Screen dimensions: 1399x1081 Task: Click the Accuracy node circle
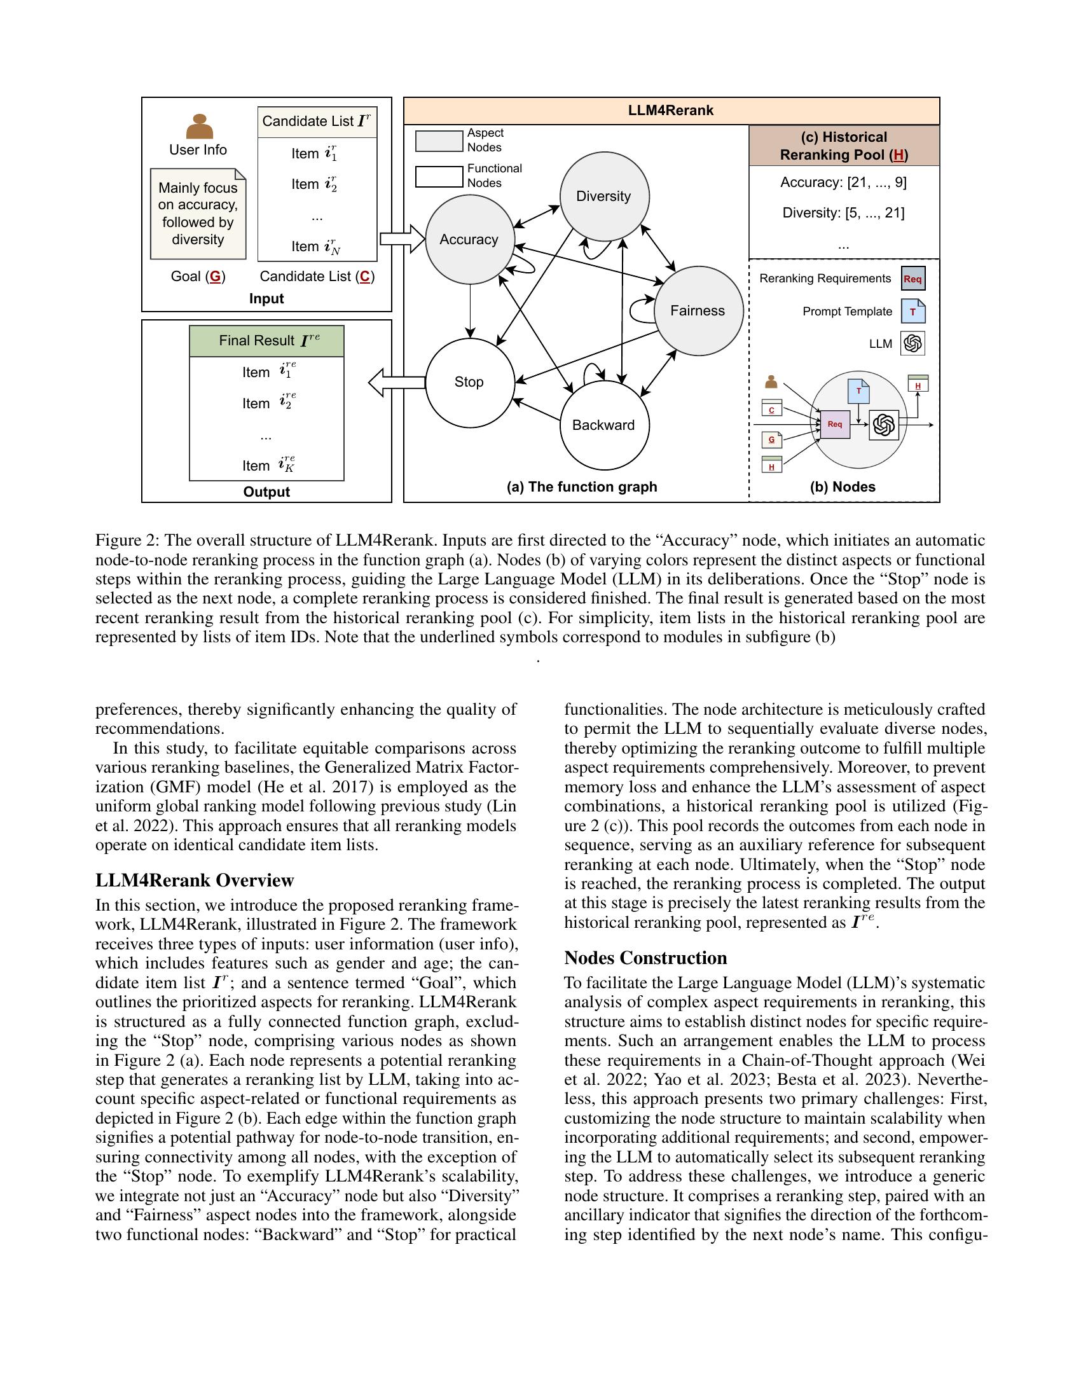coord(469,240)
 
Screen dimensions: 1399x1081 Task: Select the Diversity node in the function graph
coord(604,196)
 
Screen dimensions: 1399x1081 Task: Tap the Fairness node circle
coord(698,311)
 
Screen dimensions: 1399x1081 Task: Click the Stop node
coord(469,382)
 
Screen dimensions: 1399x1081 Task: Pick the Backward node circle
coord(604,425)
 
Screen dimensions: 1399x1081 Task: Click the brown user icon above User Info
coord(199,127)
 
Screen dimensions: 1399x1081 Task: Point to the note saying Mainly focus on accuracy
coord(198,214)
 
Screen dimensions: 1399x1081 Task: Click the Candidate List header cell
coord(317,121)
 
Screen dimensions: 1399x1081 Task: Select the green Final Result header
coord(266,341)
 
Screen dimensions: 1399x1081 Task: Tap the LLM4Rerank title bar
coord(671,110)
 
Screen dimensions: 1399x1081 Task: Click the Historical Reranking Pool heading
coord(844,146)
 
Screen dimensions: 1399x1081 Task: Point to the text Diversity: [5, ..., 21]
coord(843,213)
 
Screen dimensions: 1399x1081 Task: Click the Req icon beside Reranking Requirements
coord(912,279)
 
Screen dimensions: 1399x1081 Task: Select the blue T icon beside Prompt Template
coord(912,312)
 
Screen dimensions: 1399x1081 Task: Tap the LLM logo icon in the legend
coord(912,343)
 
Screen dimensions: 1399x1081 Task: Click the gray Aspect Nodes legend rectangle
coord(439,141)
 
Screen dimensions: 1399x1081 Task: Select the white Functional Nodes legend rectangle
coord(439,176)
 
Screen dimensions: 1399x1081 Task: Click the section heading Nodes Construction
coord(645,958)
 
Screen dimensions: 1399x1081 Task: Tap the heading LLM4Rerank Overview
coord(195,880)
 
